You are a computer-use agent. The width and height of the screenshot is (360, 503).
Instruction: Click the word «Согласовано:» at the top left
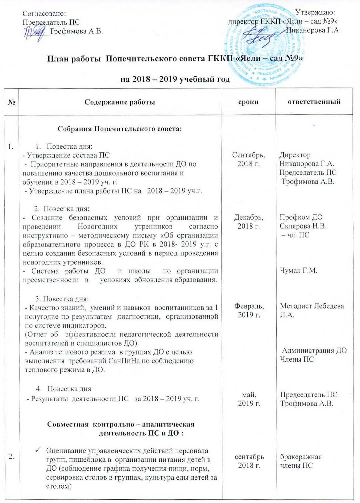click(x=44, y=13)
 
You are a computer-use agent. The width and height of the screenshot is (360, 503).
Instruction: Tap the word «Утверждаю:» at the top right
click(x=315, y=13)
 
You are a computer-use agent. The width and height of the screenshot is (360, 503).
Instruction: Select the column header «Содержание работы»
click(x=120, y=102)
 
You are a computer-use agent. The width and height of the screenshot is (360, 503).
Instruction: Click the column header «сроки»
click(x=248, y=102)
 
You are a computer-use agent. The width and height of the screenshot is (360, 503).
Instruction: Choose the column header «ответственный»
click(x=314, y=102)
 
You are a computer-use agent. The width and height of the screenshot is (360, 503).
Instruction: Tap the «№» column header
click(x=11, y=102)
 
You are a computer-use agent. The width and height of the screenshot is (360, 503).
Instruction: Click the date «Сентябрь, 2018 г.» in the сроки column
click(x=248, y=159)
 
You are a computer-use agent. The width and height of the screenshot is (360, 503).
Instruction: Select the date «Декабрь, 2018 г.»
click(x=248, y=222)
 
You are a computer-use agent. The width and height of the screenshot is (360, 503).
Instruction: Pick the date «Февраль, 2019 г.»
click(x=249, y=310)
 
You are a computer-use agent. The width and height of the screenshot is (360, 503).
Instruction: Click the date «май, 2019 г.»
click(x=249, y=399)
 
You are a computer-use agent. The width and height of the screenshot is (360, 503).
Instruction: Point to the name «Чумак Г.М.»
click(x=298, y=271)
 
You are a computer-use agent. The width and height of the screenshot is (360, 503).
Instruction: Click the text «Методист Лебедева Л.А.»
click(x=312, y=310)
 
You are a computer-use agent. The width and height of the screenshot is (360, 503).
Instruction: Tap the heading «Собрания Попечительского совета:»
click(x=120, y=129)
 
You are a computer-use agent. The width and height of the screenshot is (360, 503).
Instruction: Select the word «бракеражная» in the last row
click(x=301, y=457)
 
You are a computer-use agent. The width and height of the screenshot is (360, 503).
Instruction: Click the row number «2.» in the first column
click(x=11, y=457)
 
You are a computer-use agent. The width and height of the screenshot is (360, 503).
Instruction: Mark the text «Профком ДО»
click(x=301, y=217)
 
